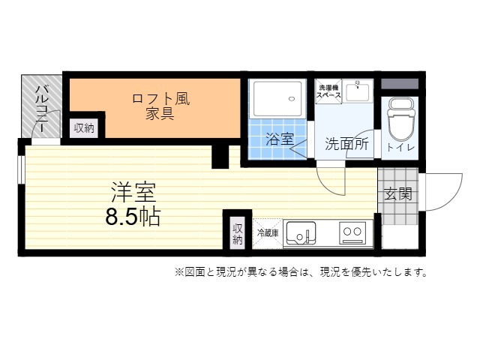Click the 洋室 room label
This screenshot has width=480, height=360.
click(133, 192)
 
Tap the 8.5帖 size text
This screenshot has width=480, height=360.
click(133, 217)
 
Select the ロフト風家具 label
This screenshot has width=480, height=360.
click(160, 106)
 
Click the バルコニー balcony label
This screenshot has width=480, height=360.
click(40, 109)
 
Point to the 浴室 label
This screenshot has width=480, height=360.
click(280, 139)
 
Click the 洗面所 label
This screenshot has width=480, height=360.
click(346, 144)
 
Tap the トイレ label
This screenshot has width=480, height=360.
click(400, 147)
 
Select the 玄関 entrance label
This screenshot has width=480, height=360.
click(398, 193)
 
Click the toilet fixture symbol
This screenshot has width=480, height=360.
click(400, 118)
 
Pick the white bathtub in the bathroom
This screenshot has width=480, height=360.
click(277, 99)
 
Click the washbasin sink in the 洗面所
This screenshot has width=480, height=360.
click(358, 91)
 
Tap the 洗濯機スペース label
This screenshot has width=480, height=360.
click(328, 91)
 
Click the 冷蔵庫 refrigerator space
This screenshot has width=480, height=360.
click(268, 233)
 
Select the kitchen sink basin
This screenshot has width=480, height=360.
click(301, 232)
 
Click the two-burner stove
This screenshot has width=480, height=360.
click(352, 232)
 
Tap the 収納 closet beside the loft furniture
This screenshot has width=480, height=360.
click(84, 128)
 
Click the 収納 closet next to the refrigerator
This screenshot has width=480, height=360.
click(238, 233)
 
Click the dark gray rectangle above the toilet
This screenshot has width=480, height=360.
click(400, 84)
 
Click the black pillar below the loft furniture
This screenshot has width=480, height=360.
click(220, 157)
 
